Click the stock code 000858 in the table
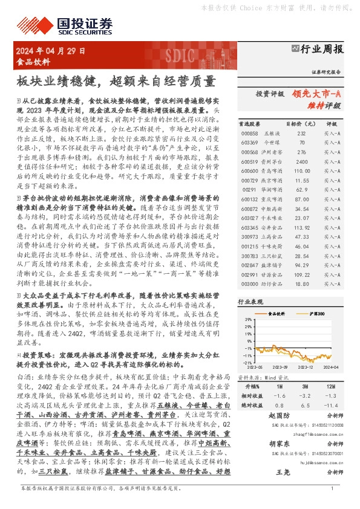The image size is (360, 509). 249,133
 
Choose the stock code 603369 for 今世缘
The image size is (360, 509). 249,143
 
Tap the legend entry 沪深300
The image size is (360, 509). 317,314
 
